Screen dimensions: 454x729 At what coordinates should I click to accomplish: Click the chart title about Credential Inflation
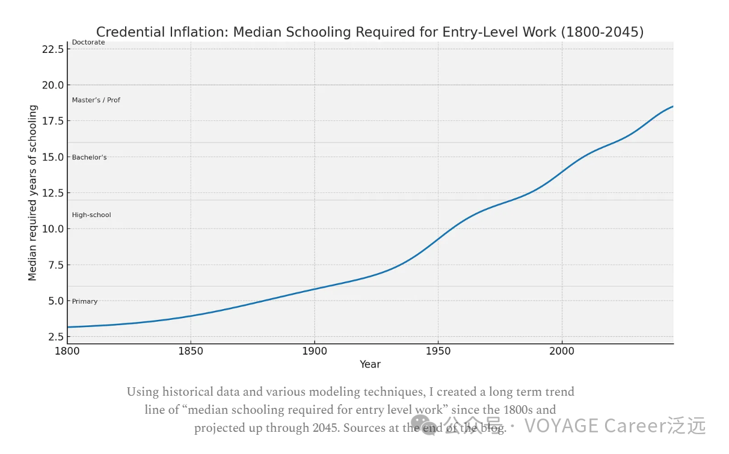(369, 32)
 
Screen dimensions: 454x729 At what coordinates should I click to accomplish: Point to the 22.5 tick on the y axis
(52, 49)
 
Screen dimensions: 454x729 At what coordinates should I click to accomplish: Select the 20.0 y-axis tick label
(52, 85)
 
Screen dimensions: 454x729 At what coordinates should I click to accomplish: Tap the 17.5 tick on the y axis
(52, 121)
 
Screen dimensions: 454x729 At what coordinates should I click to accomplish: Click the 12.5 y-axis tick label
(52, 193)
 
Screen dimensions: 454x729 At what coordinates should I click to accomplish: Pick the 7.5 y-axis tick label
(55, 265)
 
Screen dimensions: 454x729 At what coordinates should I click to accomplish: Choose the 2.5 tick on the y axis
(55, 337)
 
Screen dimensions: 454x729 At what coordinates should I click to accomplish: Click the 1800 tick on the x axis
(67, 351)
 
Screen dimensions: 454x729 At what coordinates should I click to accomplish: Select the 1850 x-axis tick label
(191, 351)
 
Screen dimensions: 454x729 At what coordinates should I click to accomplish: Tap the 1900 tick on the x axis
(314, 351)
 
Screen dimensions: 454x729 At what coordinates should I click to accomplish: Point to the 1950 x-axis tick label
(438, 351)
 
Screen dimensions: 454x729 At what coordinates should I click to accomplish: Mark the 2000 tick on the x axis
(562, 351)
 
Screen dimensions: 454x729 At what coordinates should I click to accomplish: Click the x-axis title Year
(370, 364)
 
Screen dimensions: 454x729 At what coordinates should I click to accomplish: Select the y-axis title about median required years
(33, 192)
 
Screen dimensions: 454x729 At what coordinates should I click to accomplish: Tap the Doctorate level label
(88, 43)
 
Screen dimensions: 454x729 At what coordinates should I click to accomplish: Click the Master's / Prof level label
(96, 100)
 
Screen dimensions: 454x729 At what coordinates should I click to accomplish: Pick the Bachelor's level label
(89, 158)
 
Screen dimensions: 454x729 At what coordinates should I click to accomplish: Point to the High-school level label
(91, 215)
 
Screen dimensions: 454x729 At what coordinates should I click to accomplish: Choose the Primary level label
(84, 301)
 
